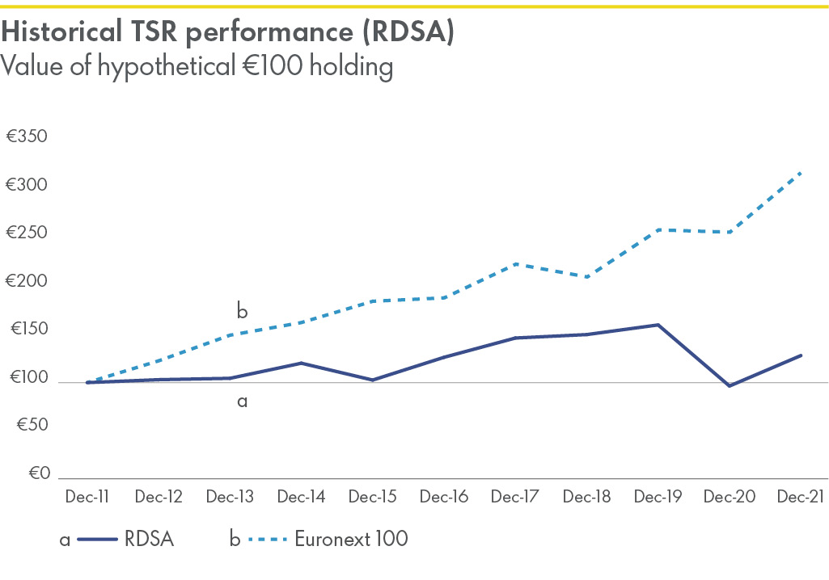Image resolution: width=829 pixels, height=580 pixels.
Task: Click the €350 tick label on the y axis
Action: (x=27, y=137)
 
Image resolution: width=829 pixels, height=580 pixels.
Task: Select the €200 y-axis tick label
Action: (x=27, y=282)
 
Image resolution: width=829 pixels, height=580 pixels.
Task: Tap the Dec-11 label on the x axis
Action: (x=87, y=497)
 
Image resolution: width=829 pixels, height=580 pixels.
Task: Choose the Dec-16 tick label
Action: (x=443, y=497)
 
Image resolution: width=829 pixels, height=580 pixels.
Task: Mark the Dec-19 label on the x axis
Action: (x=658, y=497)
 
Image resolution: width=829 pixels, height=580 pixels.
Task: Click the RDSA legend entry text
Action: (x=150, y=539)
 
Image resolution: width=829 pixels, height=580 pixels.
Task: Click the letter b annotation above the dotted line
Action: (x=241, y=310)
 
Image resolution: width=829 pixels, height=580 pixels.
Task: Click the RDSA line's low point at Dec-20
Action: (x=730, y=386)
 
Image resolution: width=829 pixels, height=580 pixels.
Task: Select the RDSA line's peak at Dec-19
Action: (x=658, y=325)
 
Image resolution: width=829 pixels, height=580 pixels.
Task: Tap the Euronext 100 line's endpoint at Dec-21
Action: (x=800, y=173)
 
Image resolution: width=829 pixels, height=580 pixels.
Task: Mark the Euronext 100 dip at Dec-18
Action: (x=586, y=277)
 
